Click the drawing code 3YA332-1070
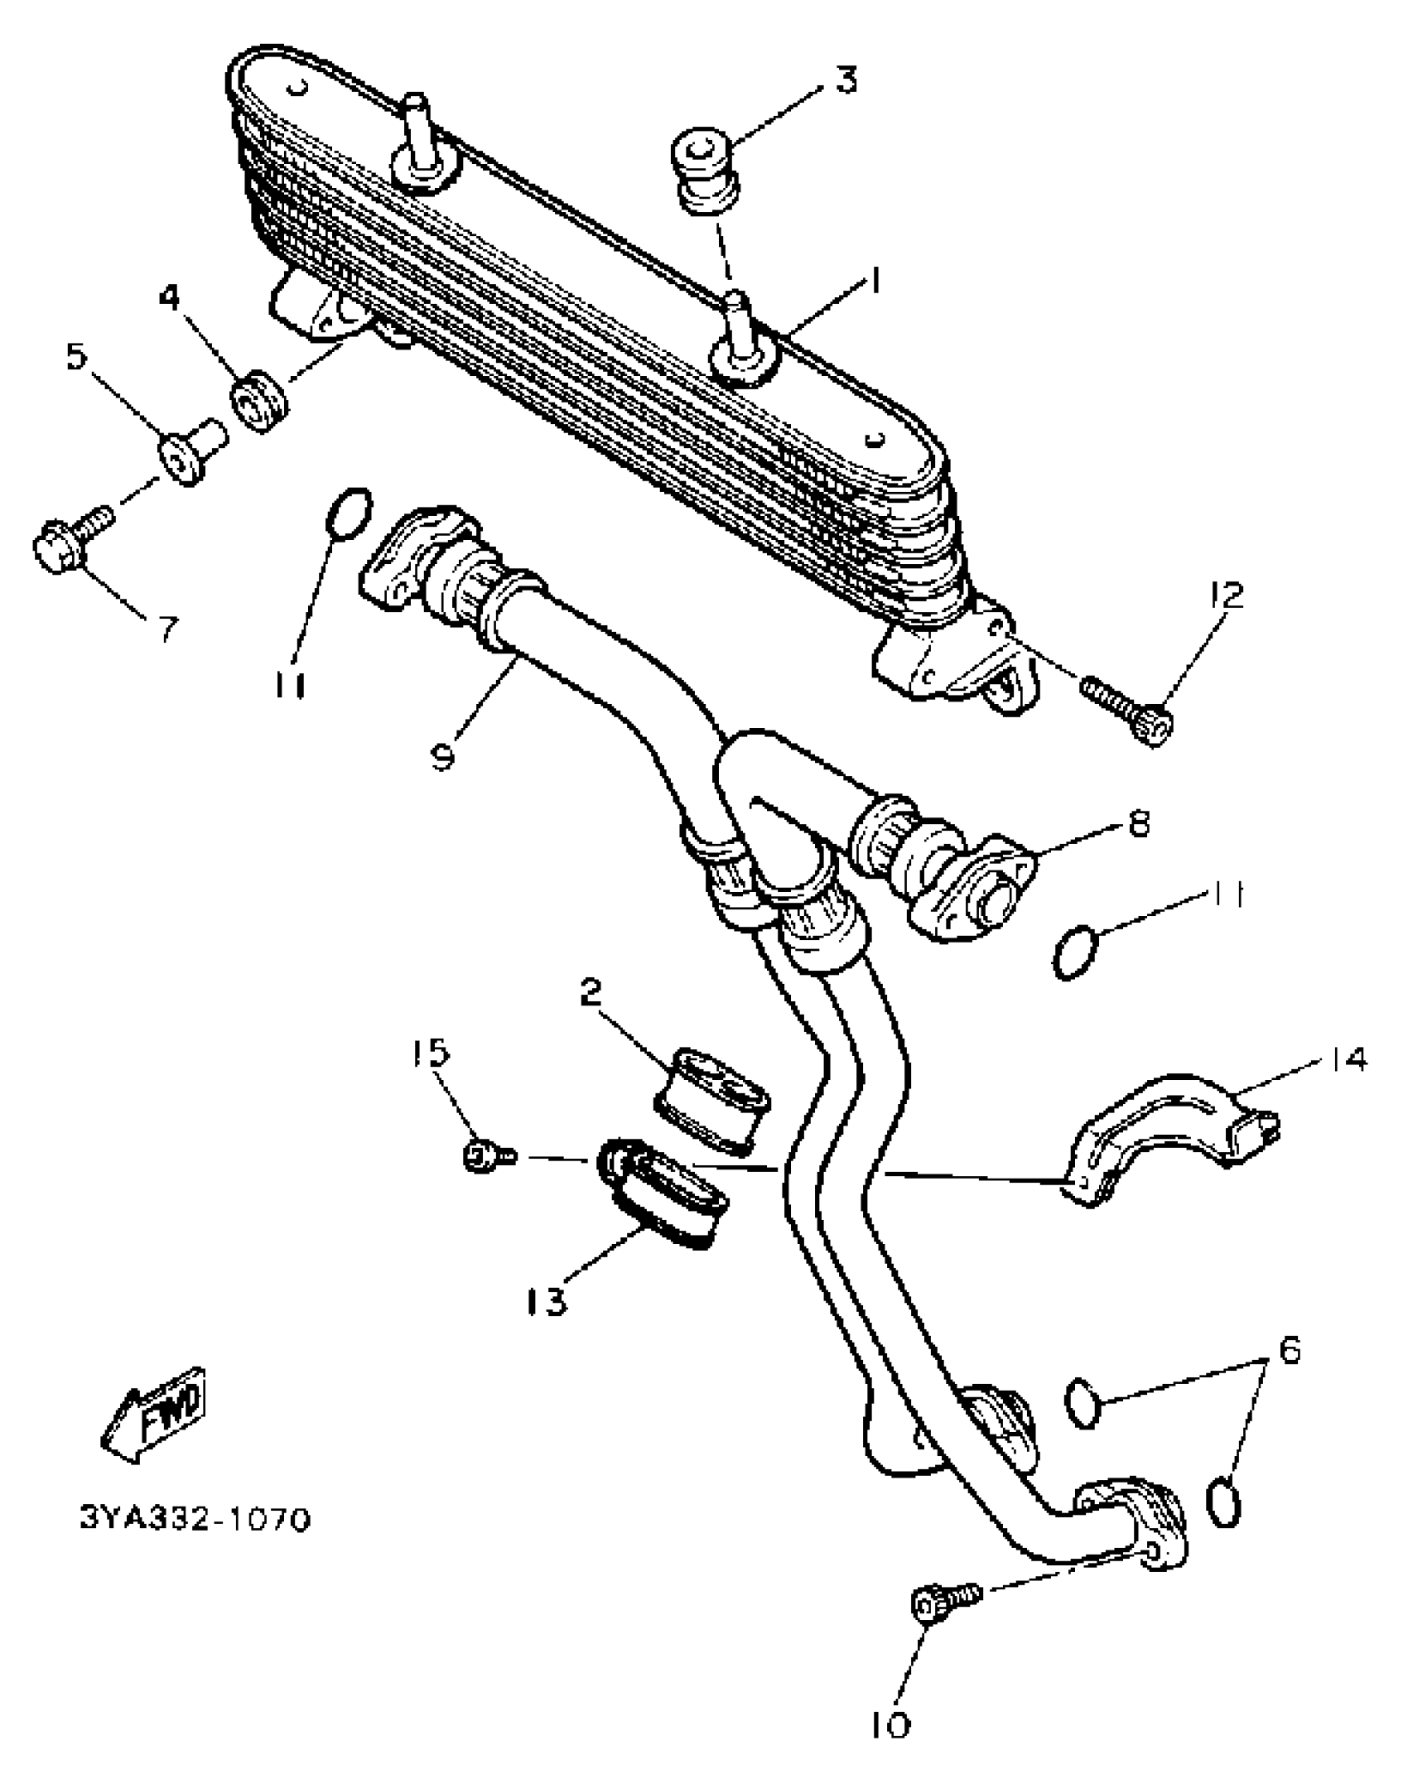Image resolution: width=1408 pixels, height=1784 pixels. click(195, 1520)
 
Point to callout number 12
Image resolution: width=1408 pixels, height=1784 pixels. click(1227, 595)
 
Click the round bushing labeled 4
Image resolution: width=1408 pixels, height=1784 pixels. click(260, 403)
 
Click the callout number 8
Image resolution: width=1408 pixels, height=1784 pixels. click(1140, 824)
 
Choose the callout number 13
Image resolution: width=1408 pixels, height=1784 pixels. click(547, 1300)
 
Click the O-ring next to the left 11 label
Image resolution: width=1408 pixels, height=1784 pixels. click(350, 515)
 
